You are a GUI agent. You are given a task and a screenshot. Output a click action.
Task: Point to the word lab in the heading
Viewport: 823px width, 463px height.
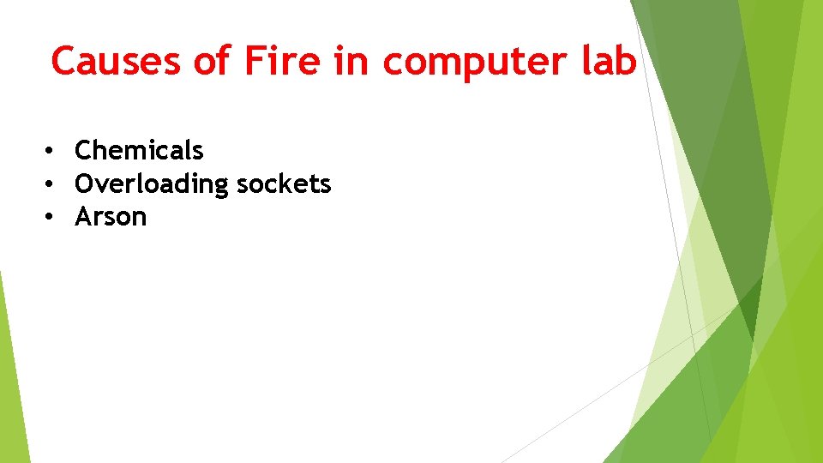click(x=610, y=62)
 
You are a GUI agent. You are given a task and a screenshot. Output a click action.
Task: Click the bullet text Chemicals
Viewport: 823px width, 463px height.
click(x=139, y=151)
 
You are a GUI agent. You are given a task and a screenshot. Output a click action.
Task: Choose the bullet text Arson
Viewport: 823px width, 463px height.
click(x=111, y=217)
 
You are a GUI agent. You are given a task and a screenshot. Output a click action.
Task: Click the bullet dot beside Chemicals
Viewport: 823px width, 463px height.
click(x=51, y=152)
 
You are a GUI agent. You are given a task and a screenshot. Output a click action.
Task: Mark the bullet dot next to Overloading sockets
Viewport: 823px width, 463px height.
click(x=51, y=184)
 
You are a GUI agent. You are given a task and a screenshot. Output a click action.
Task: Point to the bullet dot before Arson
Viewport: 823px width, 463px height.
click(x=51, y=218)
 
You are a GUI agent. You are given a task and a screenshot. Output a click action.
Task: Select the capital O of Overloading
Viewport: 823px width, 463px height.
click(x=85, y=184)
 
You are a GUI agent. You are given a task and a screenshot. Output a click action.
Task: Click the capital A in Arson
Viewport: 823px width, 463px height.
click(x=84, y=217)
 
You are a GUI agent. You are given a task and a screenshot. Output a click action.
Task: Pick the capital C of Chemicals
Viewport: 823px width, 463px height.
click(x=84, y=151)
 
